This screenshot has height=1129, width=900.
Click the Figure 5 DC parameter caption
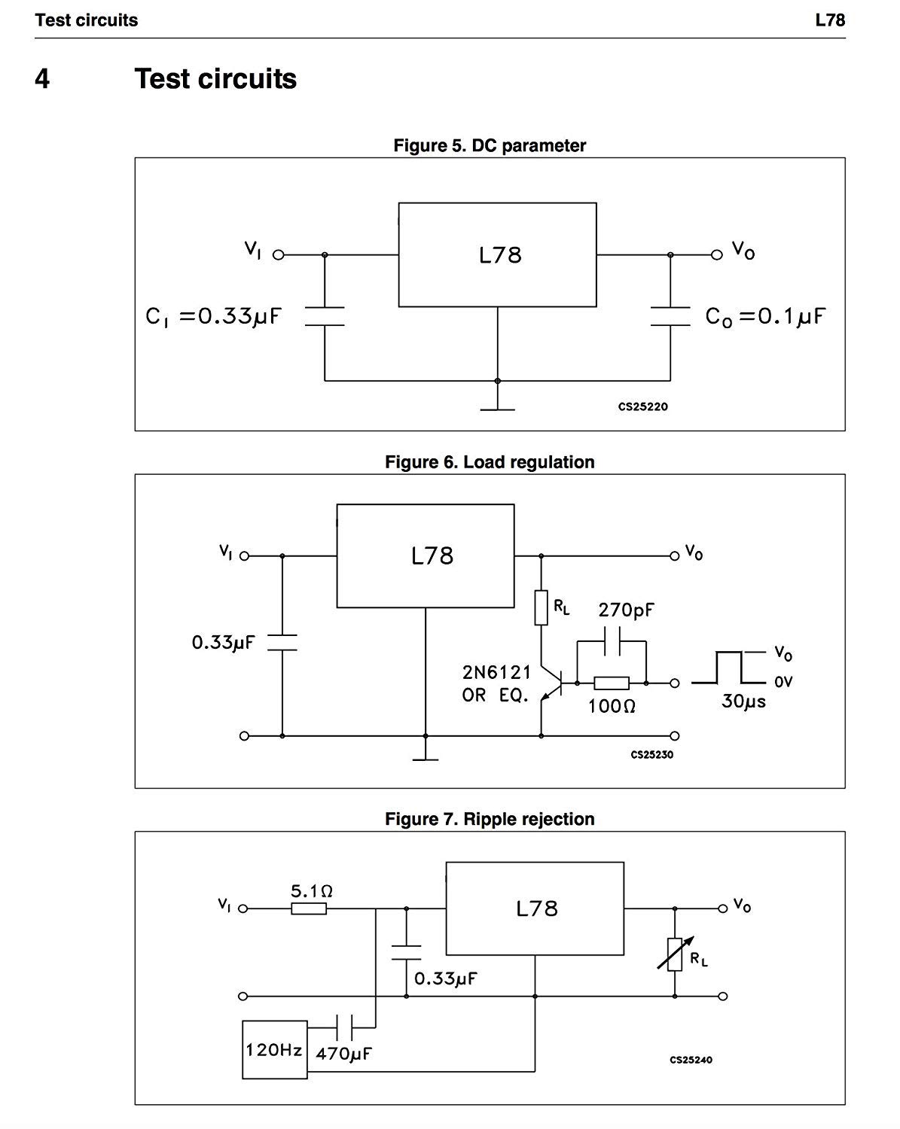click(x=490, y=145)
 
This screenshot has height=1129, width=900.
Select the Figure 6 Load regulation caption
click(x=490, y=462)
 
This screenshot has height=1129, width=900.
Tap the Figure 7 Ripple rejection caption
click(x=490, y=819)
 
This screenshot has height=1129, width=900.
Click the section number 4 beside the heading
click(x=42, y=79)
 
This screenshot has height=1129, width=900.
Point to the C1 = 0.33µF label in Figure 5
click(x=213, y=316)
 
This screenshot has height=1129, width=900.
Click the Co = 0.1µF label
click(x=765, y=316)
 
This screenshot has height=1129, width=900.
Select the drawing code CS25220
click(x=642, y=406)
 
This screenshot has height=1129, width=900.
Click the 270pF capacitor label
click(x=626, y=610)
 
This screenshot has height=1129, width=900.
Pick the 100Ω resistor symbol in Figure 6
click(x=612, y=683)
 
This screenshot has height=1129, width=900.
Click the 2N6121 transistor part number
click(x=496, y=671)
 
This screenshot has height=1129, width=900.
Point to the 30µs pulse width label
click(x=743, y=701)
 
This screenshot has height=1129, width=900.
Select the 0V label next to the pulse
click(x=783, y=682)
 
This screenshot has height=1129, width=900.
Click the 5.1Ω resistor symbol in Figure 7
click(x=309, y=908)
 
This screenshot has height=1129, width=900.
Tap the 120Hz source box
click(x=275, y=1049)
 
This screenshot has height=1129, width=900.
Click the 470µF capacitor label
click(x=343, y=1054)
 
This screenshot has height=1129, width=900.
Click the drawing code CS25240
click(x=691, y=1060)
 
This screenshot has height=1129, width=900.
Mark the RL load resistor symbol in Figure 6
click(x=541, y=608)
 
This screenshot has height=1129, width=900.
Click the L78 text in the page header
click(x=830, y=20)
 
